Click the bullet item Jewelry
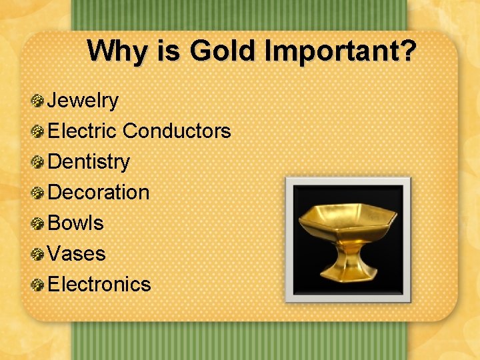(83, 101)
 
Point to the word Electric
(83, 131)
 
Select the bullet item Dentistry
(89, 161)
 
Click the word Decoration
(99, 192)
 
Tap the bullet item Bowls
(76, 223)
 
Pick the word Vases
(77, 253)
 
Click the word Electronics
(100, 284)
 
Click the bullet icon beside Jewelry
(38, 101)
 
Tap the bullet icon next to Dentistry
(38, 162)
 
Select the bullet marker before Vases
(38, 254)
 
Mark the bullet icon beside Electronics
(38, 285)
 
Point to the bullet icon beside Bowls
(38, 223)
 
